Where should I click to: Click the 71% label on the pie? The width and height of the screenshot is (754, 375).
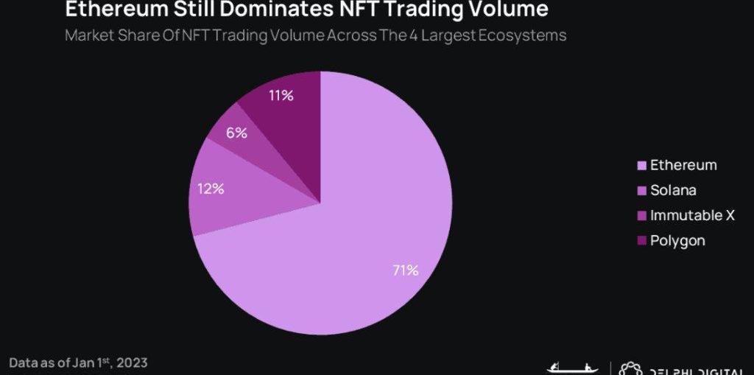tap(405, 270)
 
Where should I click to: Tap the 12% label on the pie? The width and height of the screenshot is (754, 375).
tap(211, 189)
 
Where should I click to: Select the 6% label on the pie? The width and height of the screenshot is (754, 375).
tap(236, 133)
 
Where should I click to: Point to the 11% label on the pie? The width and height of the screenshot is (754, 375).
tap(282, 95)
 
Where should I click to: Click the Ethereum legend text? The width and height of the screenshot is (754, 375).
tap(683, 165)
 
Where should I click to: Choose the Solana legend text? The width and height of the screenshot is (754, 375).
tap(673, 190)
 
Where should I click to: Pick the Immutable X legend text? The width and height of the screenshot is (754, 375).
tap(692, 215)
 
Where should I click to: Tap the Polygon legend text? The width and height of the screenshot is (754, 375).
tap(677, 240)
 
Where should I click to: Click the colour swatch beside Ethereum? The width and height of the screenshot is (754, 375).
tap(641, 166)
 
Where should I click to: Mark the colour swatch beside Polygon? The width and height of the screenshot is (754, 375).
tap(641, 241)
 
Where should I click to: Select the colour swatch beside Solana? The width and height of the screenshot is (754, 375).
tap(641, 191)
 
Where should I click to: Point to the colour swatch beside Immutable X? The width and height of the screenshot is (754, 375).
tap(641, 216)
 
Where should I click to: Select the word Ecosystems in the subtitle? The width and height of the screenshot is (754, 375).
tap(524, 35)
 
